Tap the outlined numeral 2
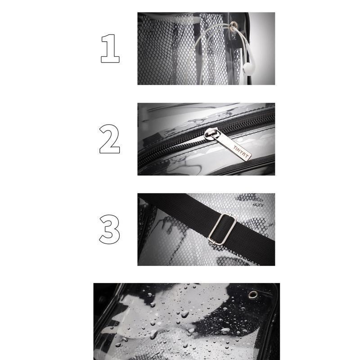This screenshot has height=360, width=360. click(109, 139)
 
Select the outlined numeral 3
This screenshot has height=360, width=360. click(109, 229)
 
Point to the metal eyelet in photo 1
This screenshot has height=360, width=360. click(233, 26)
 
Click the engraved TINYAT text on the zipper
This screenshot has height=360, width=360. click(241, 152)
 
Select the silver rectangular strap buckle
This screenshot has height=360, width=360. click(222, 229)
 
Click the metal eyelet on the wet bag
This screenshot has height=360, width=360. click(253, 294)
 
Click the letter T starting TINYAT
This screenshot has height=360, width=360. click(235, 148)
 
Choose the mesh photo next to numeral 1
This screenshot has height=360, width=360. click(206, 49)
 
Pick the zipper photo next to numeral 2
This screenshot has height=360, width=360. click(206, 139)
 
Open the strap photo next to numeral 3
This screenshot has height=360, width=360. click(206, 229)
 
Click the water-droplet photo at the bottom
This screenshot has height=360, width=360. click(187, 321)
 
